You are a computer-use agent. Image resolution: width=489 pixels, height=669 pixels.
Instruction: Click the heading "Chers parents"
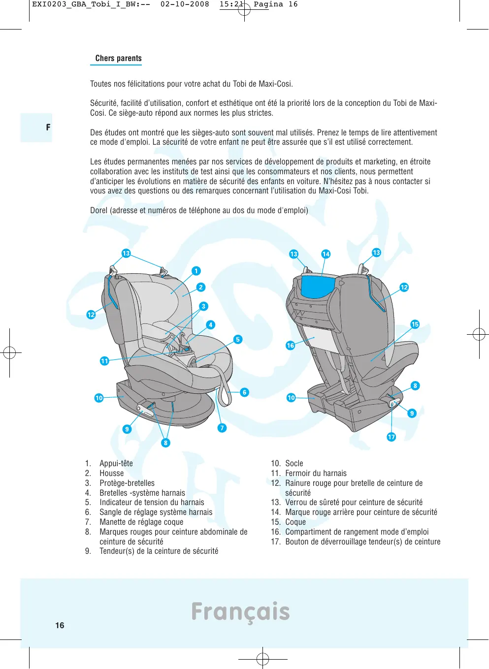coord(118,58)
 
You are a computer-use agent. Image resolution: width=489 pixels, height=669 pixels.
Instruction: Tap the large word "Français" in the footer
coord(240,611)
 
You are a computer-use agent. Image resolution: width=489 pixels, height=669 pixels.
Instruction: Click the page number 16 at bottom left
coord(60,625)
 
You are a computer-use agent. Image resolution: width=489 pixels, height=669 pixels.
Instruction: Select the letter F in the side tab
coord(48,127)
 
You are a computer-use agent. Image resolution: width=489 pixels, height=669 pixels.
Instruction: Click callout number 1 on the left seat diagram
coord(196,271)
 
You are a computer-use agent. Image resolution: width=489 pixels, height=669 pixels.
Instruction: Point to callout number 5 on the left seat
coord(238,339)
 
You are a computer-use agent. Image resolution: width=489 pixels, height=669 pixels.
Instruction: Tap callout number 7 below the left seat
coord(222,428)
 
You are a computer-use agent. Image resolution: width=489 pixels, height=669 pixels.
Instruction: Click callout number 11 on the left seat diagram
coord(104,361)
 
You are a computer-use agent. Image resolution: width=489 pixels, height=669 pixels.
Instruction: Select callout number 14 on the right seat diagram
coord(326,254)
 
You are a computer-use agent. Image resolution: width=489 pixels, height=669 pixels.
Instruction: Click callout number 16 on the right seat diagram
coord(291,346)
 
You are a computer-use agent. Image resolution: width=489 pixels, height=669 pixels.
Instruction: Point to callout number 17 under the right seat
coord(391,437)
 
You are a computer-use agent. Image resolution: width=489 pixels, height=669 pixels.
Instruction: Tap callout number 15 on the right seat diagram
coord(415,324)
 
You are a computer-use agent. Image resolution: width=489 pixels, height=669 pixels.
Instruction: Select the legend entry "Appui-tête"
coord(116,463)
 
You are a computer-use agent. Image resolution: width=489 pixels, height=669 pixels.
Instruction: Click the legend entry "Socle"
coord(294,463)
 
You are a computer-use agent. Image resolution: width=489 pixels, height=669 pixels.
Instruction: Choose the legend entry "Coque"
coord(295,522)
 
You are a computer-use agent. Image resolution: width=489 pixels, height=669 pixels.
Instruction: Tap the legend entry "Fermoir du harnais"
coord(316,473)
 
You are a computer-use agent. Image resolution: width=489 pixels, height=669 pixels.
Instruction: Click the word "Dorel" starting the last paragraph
coord(98,210)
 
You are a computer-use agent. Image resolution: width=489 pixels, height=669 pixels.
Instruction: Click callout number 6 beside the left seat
coord(244,392)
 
